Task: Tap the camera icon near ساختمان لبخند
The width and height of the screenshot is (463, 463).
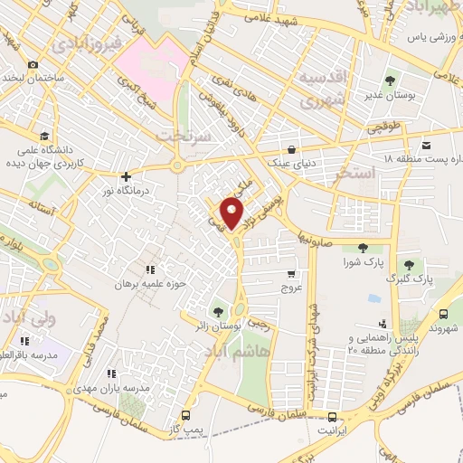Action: (33, 64)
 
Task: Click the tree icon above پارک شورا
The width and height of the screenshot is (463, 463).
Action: (363, 248)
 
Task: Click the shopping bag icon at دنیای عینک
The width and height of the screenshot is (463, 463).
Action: (290, 149)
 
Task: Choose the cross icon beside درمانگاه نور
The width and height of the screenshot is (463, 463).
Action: (125, 176)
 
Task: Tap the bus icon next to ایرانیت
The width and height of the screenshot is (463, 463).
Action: (334, 418)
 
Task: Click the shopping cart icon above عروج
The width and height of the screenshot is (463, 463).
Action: (290, 274)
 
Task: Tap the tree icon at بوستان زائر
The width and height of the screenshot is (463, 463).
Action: (216, 311)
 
